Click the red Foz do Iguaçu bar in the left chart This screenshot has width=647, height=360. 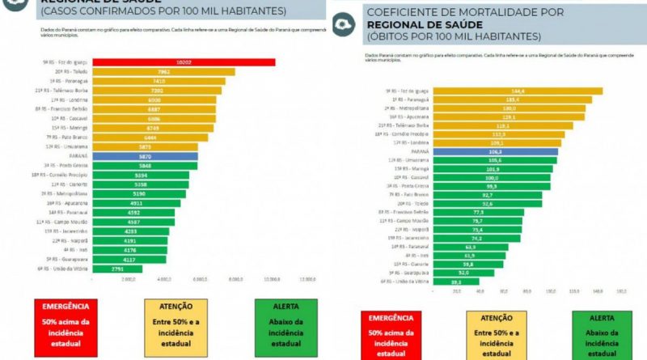184,62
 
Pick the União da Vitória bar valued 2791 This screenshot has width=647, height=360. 117,269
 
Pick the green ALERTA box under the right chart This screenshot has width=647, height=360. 603,336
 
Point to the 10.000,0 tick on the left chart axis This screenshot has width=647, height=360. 272,278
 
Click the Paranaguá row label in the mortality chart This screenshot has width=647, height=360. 407,100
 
